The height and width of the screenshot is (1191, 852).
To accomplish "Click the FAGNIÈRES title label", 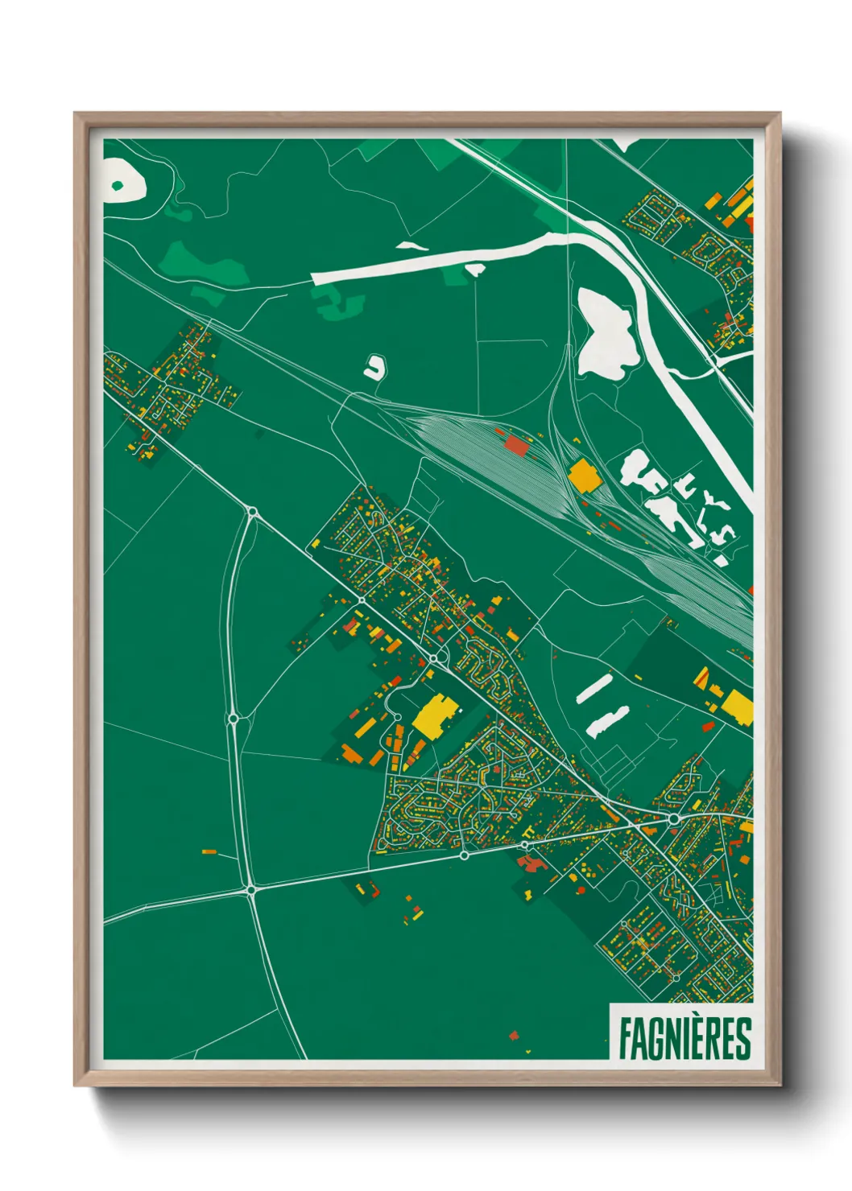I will click(684, 1038).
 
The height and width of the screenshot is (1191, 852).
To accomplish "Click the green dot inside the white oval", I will click(118, 186).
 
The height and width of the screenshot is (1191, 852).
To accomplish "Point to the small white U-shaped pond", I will click(374, 368).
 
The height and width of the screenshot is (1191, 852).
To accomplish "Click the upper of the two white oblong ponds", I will click(594, 690).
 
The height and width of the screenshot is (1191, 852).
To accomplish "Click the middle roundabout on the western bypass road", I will click(233, 719).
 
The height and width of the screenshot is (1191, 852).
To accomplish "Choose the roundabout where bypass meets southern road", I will click(250, 890).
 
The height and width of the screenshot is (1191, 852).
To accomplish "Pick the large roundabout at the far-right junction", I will click(673, 819).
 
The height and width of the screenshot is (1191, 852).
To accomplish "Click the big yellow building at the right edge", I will click(736, 706).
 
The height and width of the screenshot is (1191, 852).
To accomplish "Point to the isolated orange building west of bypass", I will click(209, 851).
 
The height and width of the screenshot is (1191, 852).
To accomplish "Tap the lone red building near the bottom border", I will click(514, 1035).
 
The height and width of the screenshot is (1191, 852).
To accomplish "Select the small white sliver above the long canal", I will click(412, 245).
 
